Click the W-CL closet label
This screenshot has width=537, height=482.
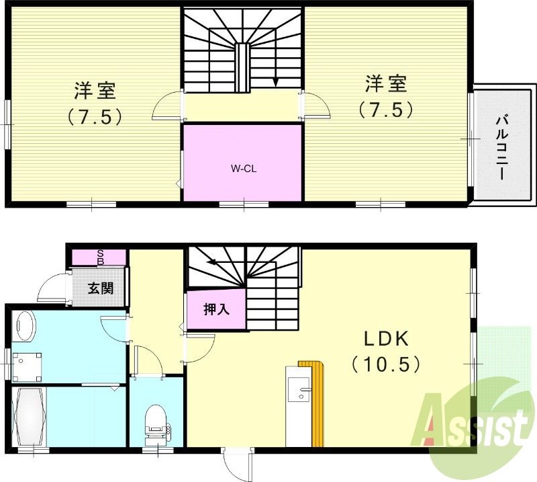(x=244, y=169)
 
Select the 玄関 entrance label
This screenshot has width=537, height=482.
(x=100, y=288)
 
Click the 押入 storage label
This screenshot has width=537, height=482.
(x=216, y=310)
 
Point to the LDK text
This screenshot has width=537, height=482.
(x=387, y=339)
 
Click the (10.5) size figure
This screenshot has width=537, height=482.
(x=387, y=364)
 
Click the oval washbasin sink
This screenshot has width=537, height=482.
(x=23, y=325)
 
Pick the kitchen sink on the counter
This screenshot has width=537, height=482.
(x=299, y=389)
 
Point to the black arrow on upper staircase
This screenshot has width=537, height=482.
(x=275, y=81)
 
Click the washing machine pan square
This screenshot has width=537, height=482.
(x=27, y=368)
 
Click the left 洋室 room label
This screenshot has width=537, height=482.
(x=95, y=91)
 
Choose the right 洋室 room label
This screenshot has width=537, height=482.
(x=386, y=84)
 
